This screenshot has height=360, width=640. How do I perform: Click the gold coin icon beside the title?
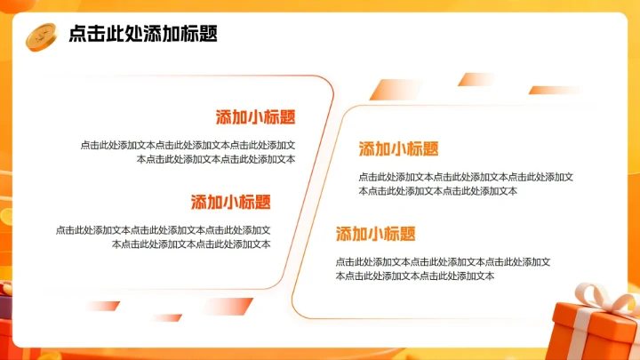(41, 36)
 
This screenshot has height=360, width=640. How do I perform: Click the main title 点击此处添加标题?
(142, 35)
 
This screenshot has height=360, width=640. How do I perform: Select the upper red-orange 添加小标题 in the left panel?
(255, 117)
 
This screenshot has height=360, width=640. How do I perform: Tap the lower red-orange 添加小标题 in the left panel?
(230, 202)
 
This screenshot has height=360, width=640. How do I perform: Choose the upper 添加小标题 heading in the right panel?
(398, 148)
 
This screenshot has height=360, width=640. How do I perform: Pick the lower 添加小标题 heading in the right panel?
(375, 234)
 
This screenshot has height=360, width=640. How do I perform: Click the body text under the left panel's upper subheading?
(188, 152)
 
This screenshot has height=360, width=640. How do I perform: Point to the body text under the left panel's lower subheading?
(164, 236)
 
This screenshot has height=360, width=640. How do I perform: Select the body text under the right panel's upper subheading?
(465, 183)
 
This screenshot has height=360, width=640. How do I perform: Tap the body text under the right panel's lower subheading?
(442, 268)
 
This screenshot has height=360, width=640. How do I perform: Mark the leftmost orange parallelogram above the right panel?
(396, 89)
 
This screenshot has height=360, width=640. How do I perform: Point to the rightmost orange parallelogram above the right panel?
(556, 90)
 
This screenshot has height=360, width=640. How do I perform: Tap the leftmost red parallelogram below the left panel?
(102, 306)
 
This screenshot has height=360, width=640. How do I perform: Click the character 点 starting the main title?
(77, 35)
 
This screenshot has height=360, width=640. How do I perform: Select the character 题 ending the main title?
(208, 35)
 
